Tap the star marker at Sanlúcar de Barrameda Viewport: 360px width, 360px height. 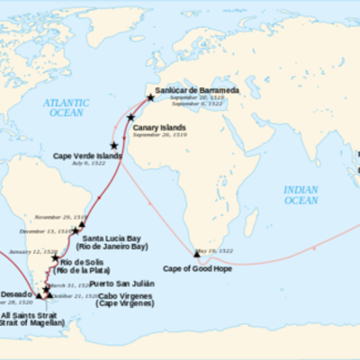click(x=151, y=97)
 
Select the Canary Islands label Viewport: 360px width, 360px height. click(x=159, y=128)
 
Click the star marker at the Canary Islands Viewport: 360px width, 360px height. click(x=131, y=117)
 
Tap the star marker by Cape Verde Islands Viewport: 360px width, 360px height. click(x=114, y=145)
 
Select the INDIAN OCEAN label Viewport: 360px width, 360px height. click(x=301, y=194)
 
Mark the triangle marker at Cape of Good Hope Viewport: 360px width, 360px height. click(x=196, y=255)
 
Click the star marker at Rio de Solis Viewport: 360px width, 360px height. click(x=56, y=259)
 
